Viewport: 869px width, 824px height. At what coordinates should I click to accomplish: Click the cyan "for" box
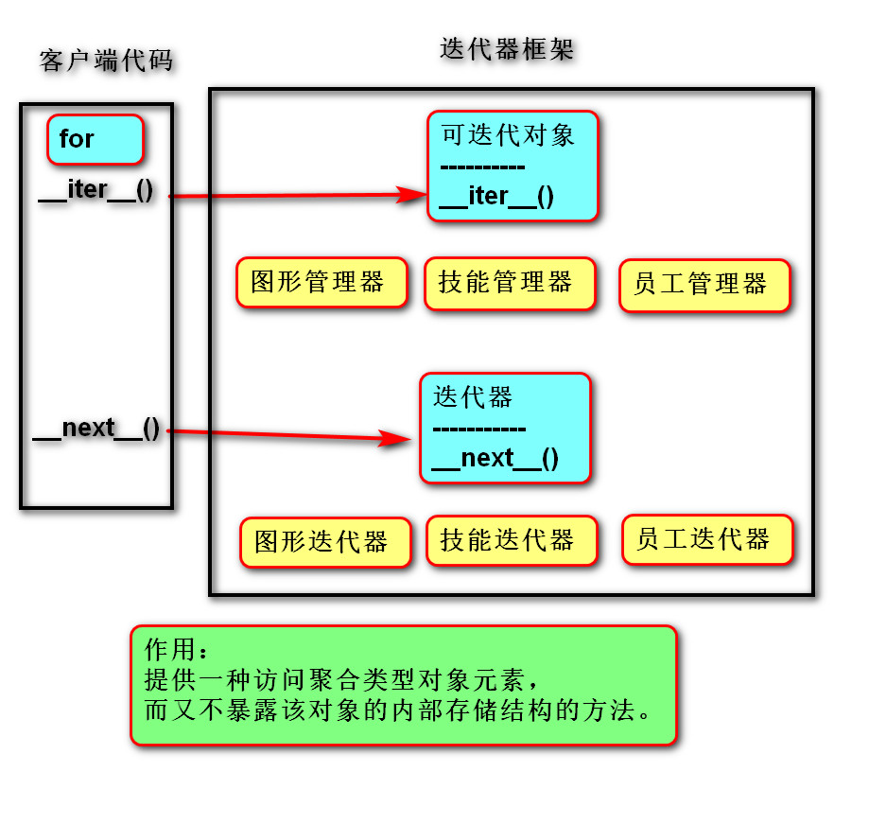pos(95,139)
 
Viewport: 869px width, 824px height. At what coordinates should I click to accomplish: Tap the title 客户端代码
pos(107,61)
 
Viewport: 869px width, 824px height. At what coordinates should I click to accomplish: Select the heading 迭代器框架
pos(507,49)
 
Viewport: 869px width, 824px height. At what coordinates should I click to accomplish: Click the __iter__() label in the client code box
pos(96,190)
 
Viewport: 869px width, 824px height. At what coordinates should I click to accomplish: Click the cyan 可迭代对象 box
pos(513,167)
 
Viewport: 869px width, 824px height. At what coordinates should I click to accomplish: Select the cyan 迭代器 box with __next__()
pos(505,429)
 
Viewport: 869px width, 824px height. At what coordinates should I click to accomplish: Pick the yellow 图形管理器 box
pos(322,282)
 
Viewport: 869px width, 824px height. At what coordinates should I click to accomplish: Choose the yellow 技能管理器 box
pos(510,283)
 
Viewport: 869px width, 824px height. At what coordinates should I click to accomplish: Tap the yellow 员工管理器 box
pos(704,285)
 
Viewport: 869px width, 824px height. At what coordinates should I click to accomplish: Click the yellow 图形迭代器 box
pos(325,542)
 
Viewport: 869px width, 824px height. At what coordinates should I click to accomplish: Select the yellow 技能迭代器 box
pos(512,540)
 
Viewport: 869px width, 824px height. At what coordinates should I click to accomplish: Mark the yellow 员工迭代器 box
pos(706,539)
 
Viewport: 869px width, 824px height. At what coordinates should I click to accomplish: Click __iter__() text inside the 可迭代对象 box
pos(497,197)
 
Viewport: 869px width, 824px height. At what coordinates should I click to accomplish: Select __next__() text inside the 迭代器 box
pos(495,459)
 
